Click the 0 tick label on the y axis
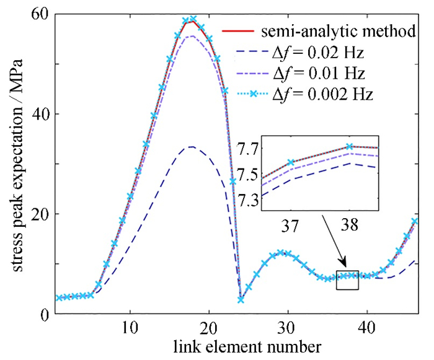[x=46, y=314]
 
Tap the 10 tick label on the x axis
[x=130, y=328]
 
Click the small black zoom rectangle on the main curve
[x=347, y=280]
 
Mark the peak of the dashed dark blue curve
[x=192, y=147]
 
